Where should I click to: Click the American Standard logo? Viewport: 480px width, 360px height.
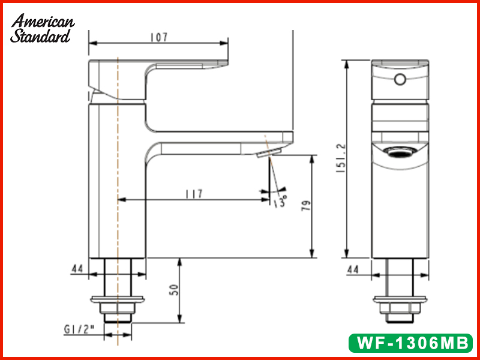pos(42,28)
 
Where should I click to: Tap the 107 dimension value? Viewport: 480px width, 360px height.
pos(159,37)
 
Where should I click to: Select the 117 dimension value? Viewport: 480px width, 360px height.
pos(194,194)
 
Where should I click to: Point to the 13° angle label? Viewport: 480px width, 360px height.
pos(280,201)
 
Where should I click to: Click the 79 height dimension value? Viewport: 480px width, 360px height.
pos(306,206)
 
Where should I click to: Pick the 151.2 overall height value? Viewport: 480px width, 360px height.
pos(341,158)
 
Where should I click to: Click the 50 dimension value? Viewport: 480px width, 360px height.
pos(174,290)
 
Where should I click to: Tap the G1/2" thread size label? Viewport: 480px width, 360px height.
pos(79,329)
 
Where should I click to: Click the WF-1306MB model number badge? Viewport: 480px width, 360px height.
pos(411,343)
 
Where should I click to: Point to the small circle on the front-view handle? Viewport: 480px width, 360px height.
pos(400,79)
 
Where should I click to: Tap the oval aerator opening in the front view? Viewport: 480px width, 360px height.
pos(400,152)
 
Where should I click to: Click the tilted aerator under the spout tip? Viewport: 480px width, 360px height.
pos(269,152)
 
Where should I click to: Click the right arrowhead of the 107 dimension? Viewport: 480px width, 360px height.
pos(224,43)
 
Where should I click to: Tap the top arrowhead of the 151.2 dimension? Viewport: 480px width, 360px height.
pos(347,64)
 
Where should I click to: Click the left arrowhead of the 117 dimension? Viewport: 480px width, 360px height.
pos(122,200)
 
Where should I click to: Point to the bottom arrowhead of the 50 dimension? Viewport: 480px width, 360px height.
pos(179,319)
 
